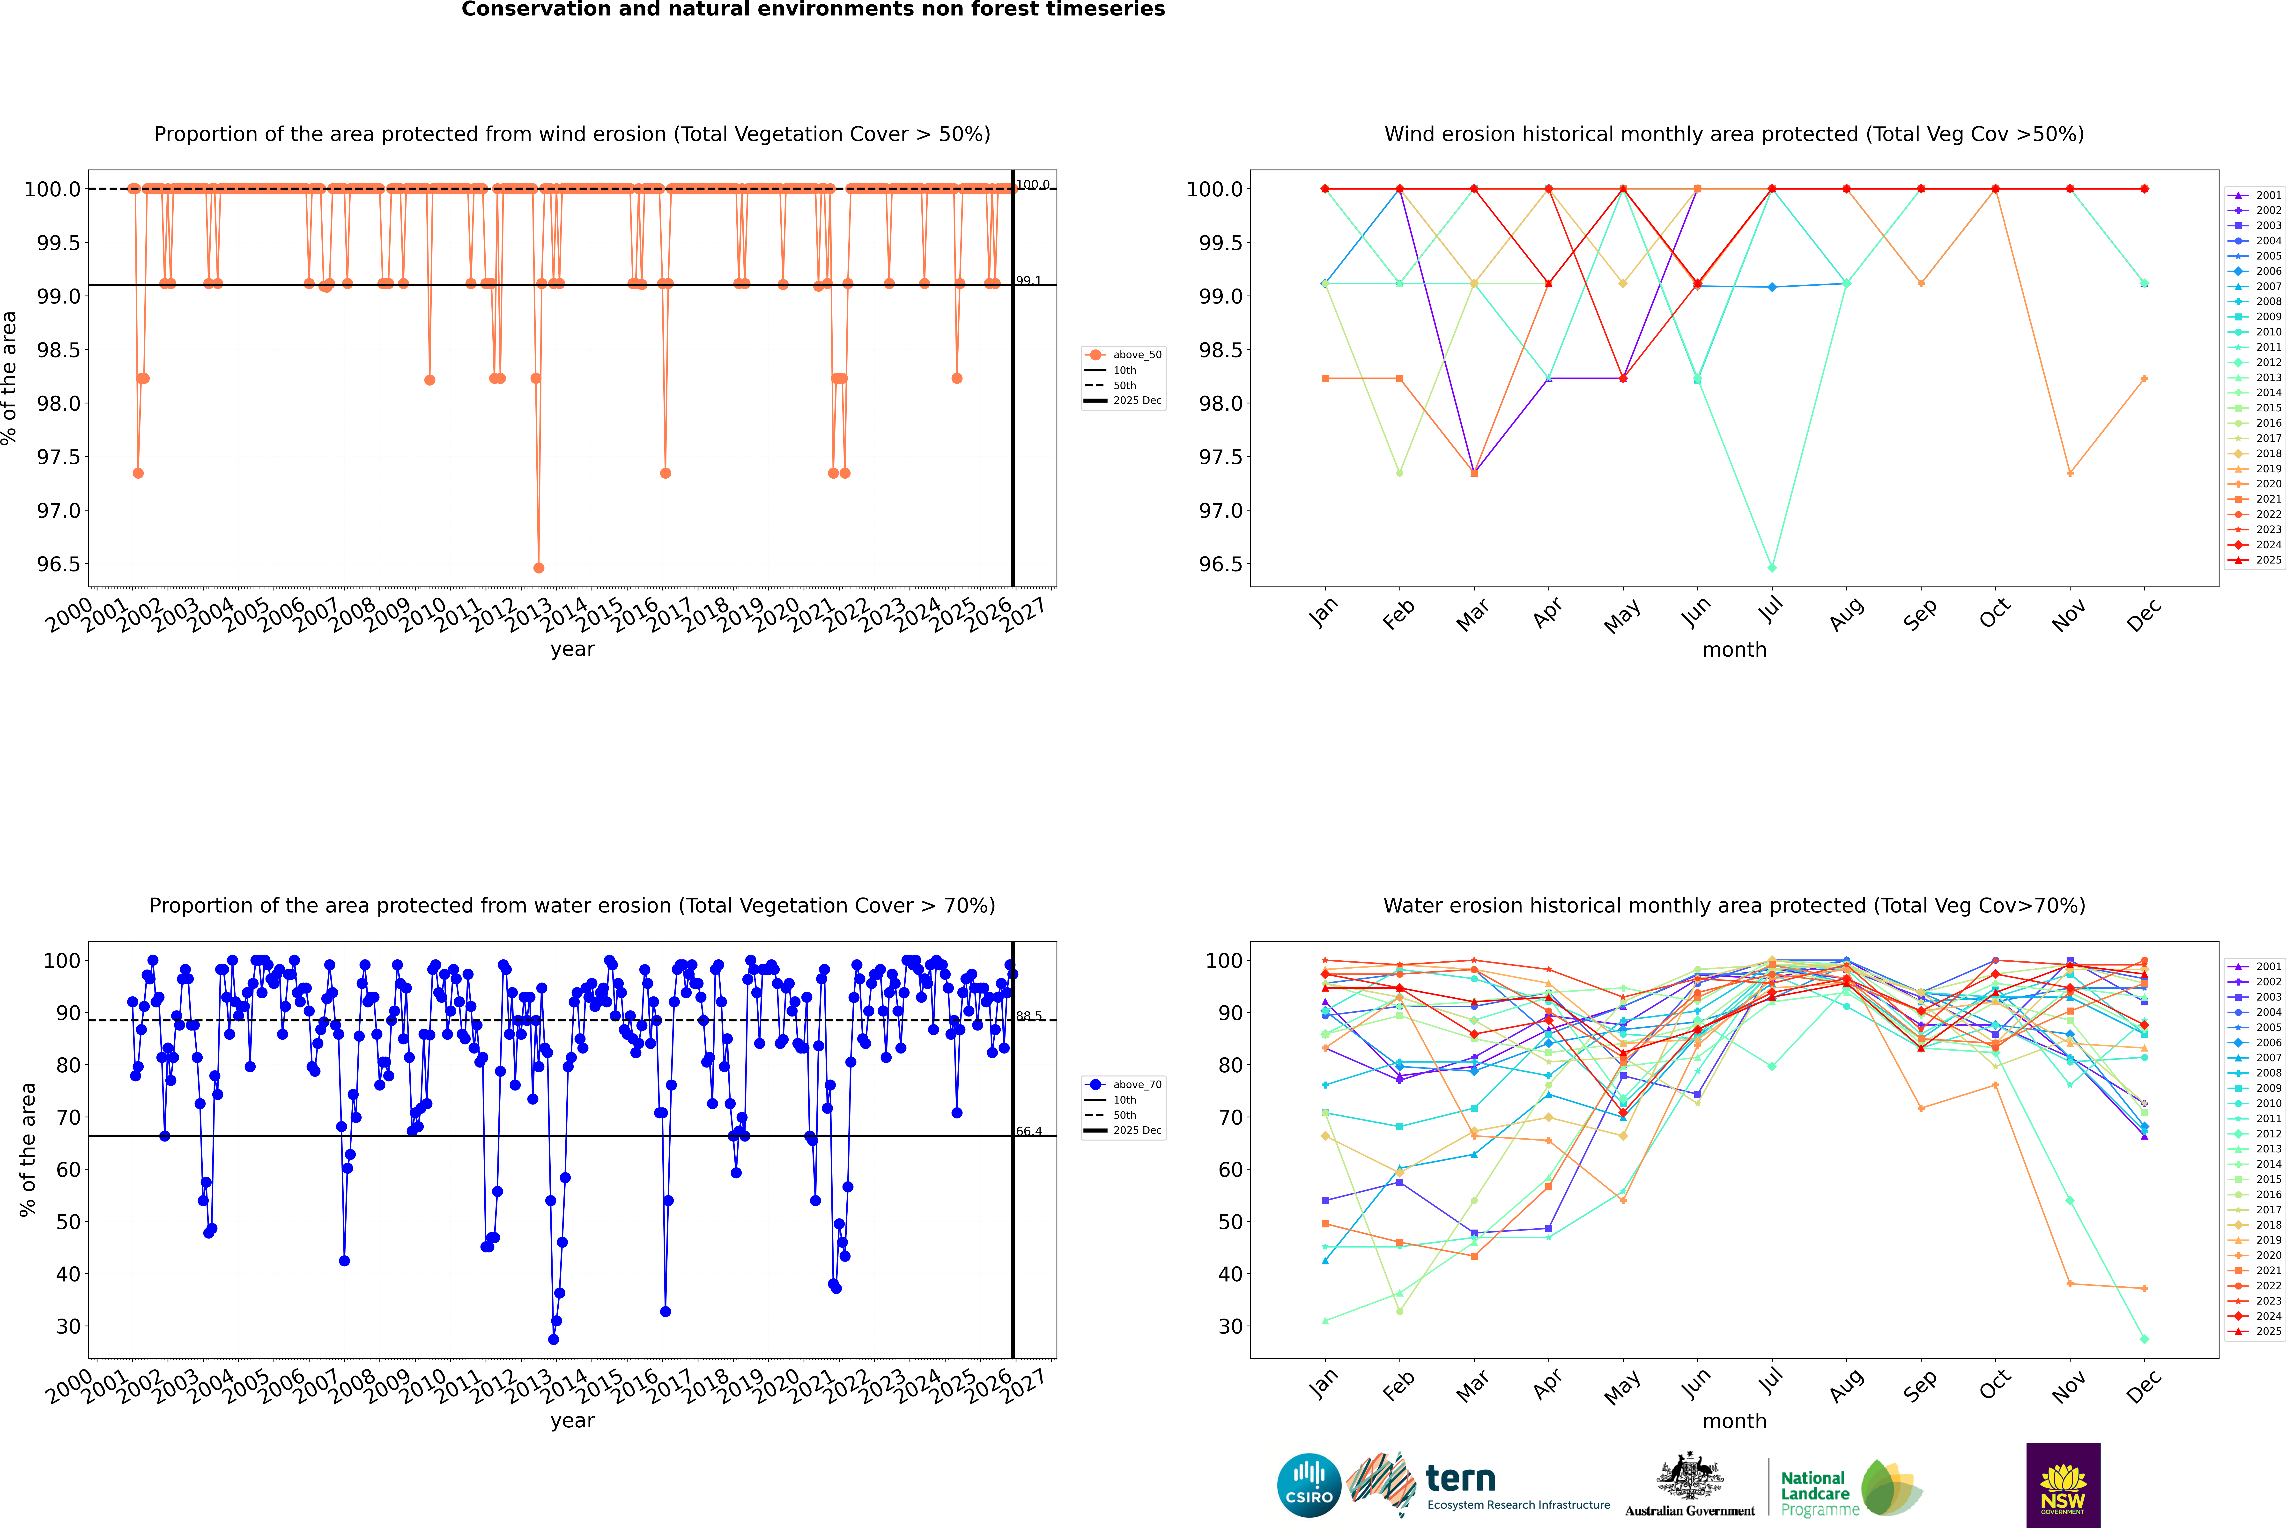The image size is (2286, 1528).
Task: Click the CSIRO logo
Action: pyautogui.click(x=1309, y=1485)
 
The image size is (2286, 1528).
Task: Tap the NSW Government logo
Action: pyautogui.click(x=2063, y=1485)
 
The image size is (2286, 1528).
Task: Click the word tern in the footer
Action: pyautogui.click(x=1460, y=1478)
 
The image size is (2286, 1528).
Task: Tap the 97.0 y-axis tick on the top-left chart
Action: pyautogui.click(x=59, y=511)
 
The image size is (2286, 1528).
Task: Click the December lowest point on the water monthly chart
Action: pyautogui.click(x=2144, y=1339)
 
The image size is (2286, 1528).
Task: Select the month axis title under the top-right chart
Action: pyautogui.click(x=1733, y=650)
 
